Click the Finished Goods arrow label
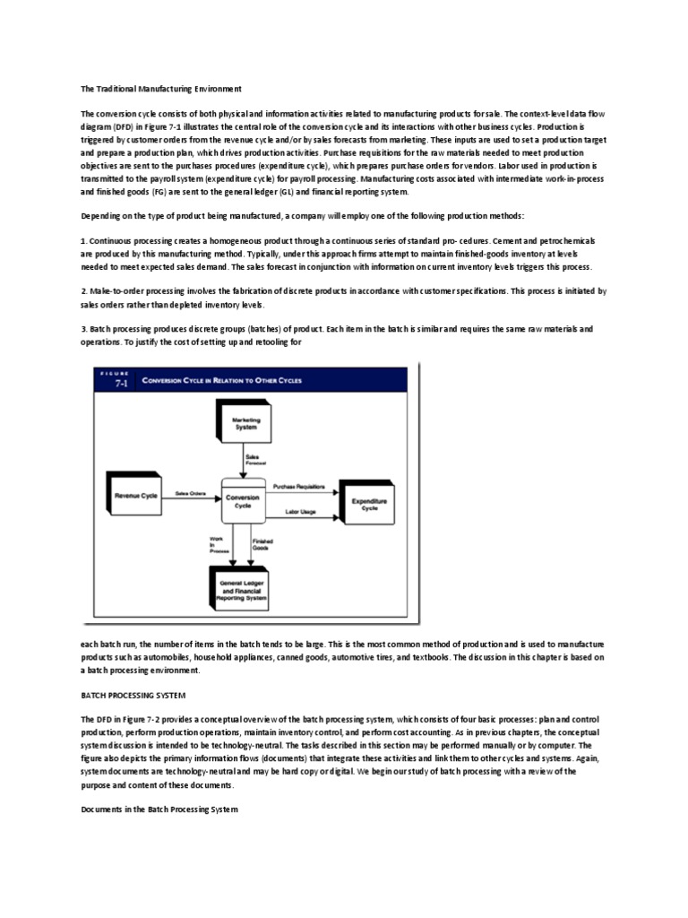tap(262, 544)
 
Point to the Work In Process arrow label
tap(219, 544)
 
